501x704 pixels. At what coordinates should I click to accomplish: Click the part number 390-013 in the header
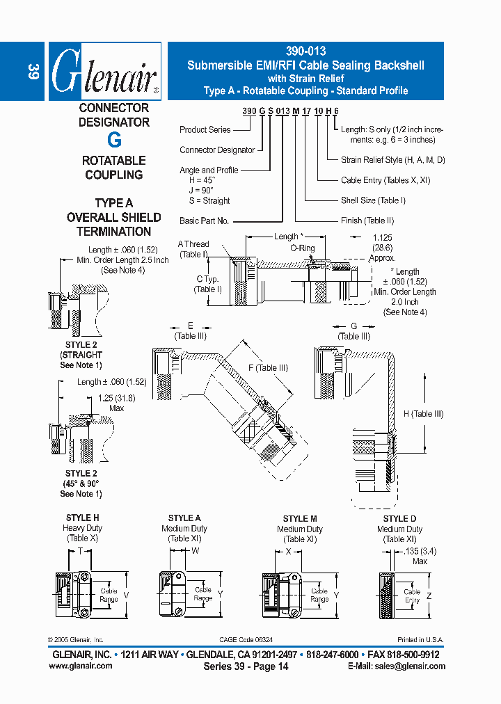pyautogui.click(x=305, y=51)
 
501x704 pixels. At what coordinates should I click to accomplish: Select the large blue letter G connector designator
pyautogui.click(x=115, y=140)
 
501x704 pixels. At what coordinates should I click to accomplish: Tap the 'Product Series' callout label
pyautogui.click(x=205, y=129)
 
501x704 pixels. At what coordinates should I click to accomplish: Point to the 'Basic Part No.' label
pyautogui.click(x=204, y=221)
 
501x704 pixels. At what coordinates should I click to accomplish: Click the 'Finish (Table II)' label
pyautogui.click(x=367, y=221)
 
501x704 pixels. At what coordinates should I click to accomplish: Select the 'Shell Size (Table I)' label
pyautogui.click(x=373, y=200)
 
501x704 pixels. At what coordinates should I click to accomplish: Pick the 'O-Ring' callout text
pyautogui.click(x=303, y=248)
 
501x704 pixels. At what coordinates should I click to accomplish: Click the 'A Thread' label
pyautogui.click(x=193, y=244)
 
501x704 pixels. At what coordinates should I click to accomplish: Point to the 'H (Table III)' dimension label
pyautogui.click(x=424, y=414)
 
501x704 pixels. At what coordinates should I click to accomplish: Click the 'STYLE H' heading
pyautogui.click(x=82, y=518)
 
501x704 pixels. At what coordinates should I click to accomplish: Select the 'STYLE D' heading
pyautogui.click(x=399, y=519)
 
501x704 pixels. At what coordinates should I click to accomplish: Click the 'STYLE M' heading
pyautogui.click(x=301, y=519)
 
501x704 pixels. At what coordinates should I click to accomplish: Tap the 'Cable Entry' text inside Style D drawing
pyautogui.click(x=412, y=595)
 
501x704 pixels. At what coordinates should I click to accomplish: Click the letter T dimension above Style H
pyautogui.click(x=80, y=550)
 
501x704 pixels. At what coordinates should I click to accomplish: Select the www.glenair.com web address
pyautogui.click(x=81, y=666)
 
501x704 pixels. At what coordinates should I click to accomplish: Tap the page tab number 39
pyautogui.click(x=33, y=71)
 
